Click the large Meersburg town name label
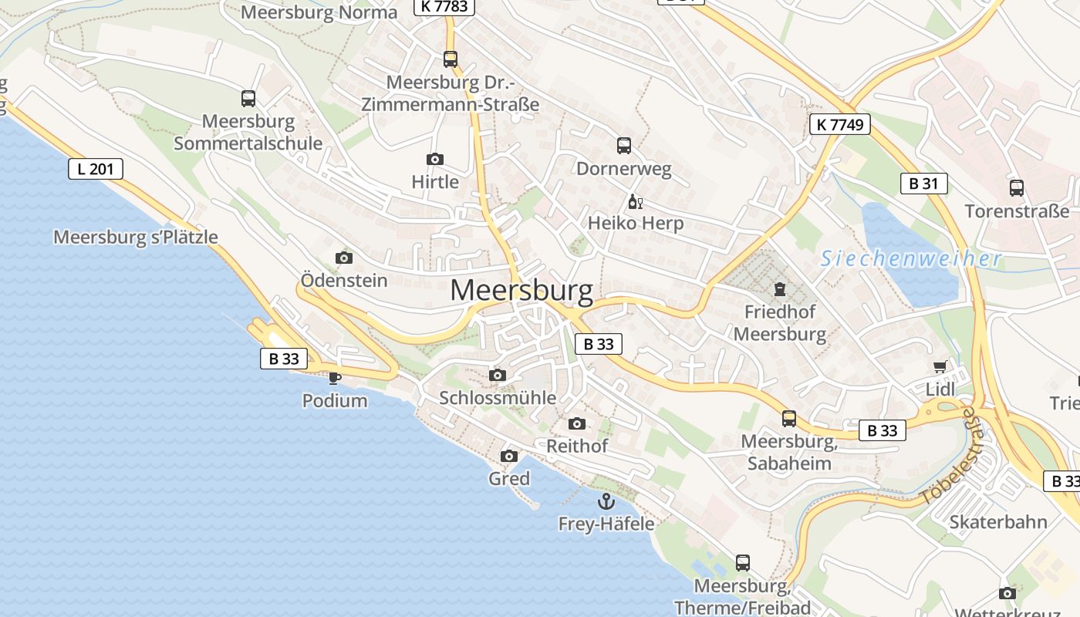tap(521, 291)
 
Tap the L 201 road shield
tap(96, 169)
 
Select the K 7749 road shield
tap(840, 124)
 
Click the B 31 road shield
tap(923, 184)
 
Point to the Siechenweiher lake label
tap(910, 259)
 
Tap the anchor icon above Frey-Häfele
tap(606, 502)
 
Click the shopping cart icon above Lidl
tap(940, 367)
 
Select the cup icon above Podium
tap(334, 378)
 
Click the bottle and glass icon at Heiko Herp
tap(635, 202)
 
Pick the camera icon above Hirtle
tap(435, 160)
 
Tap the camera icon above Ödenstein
tap(344, 258)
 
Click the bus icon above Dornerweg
tap(624, 145)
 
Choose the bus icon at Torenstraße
tap(1017, 187)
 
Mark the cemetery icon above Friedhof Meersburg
tap(779, 290)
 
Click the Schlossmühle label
tap(498, 398)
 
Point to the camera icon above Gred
tap(508, 457)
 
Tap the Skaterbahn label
tap(998, 522)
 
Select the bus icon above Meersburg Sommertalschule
tap(248, 99)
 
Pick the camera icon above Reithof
tap(576, 423)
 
